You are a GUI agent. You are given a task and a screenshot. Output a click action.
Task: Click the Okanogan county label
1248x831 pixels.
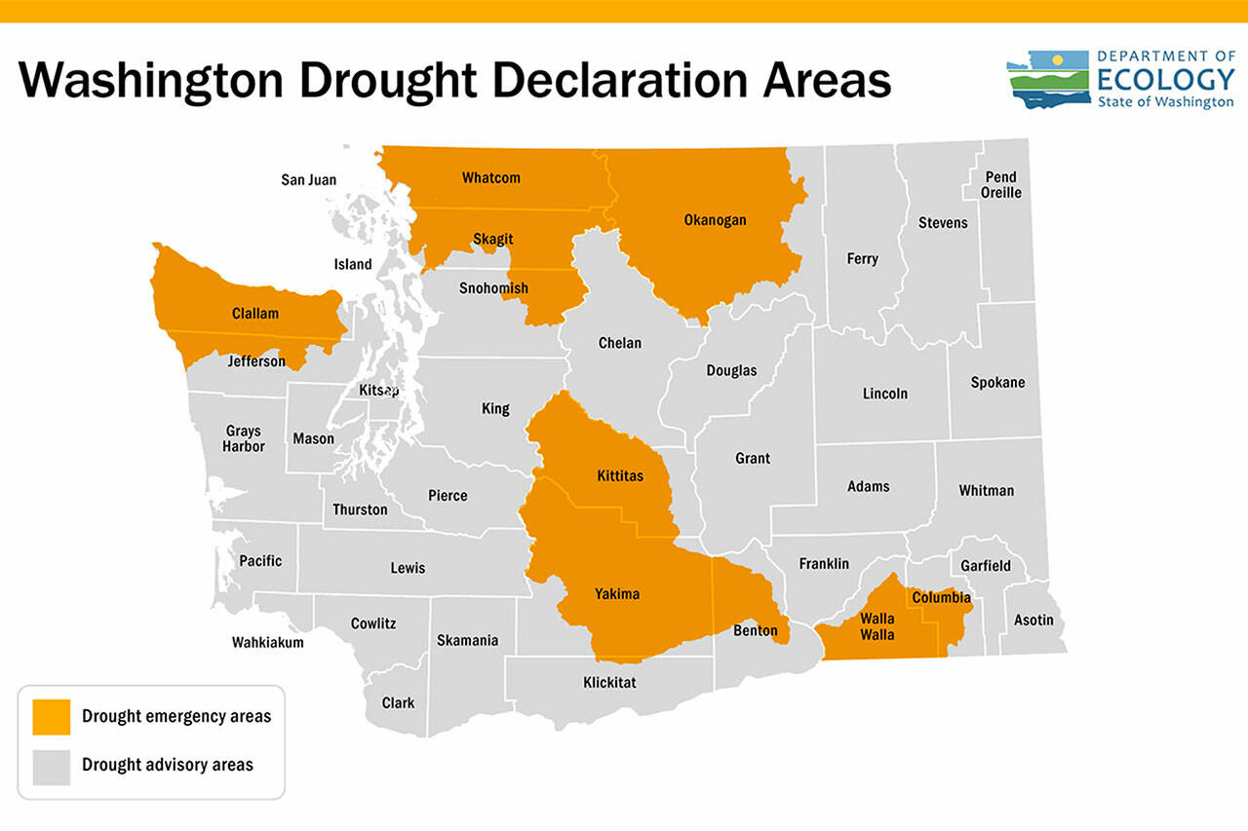[715, 220]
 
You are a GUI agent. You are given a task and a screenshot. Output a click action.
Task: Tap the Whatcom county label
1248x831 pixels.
[490, 177]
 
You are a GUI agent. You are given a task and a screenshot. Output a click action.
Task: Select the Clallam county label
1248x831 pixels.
[254, 314]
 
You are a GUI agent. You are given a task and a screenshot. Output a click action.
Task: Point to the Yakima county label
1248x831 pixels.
[617, 593]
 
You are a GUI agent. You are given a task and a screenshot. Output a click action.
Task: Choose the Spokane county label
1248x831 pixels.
[997, 383]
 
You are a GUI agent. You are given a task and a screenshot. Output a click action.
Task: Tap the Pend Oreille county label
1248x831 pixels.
[1000, 185]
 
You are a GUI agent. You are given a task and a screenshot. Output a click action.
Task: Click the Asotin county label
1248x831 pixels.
[1033, 620]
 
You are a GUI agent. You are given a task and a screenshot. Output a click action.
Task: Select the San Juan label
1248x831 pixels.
[308, 179]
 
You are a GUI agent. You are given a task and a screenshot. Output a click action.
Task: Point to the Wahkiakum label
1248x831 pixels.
[267, 642]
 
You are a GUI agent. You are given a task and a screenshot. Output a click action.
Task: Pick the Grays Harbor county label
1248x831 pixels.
[245, 438]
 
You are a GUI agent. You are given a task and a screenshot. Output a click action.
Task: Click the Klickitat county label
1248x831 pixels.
[609, 682]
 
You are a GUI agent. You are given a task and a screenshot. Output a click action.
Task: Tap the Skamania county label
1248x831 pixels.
[467, 640]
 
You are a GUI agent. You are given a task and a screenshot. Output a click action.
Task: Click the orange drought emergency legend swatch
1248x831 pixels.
[51, 716]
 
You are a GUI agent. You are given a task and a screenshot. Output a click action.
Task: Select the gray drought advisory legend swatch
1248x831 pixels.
[51, 766]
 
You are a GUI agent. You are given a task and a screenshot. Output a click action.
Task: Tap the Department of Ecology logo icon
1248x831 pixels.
[1047, 79]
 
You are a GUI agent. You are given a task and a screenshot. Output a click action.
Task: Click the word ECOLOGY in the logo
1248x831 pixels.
[1165, 79]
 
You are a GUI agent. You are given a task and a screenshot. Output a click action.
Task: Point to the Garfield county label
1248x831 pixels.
[985, 566]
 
